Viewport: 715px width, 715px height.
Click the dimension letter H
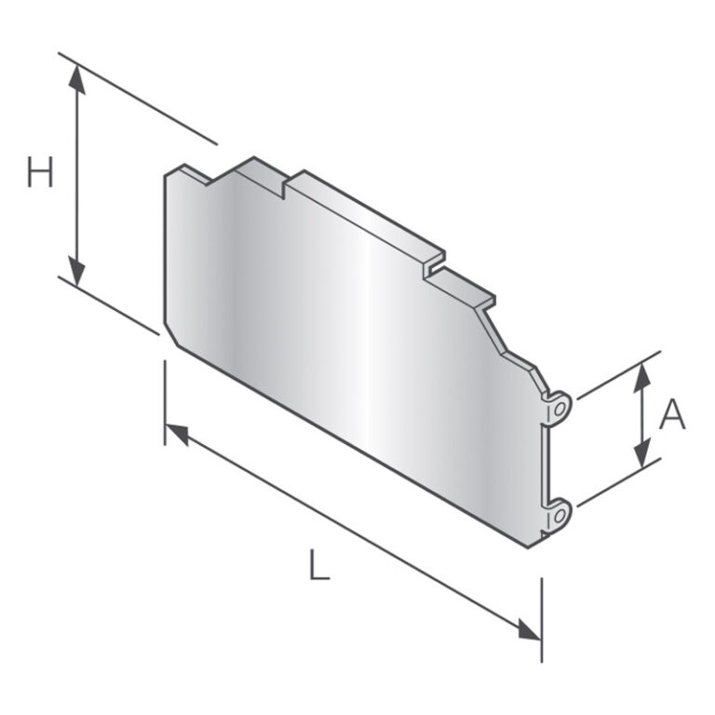click(40, 172)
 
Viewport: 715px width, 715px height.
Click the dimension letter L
click(319, 566)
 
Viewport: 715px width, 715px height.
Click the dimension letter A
click(671, 415)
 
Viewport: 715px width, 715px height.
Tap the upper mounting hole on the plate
click(559, 407)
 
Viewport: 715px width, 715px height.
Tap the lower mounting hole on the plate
click(559, 512)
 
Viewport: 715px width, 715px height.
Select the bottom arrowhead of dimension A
click(641, 455)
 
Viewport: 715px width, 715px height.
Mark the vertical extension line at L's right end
click(541, 619)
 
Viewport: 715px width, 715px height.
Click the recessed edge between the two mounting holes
click(547, 461)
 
